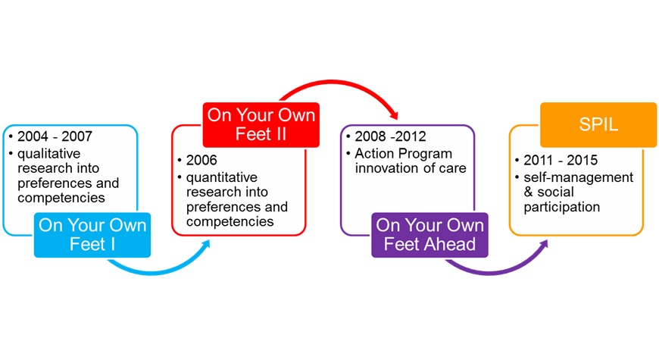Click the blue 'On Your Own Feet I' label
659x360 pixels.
pos(92,235)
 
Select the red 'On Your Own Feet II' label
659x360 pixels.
pos(261,124)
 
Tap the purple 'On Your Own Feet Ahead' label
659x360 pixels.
pos(429,235)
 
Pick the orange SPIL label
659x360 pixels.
pos(598,124)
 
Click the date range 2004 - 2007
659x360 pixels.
pos(55,136)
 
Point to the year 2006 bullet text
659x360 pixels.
pos(201,160)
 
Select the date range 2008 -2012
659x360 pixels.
pos(390,136)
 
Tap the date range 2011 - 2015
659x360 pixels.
pos(561,160)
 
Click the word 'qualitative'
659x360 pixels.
pos(48,154)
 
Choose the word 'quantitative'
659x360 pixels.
pos(221,178)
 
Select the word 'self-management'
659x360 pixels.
pos(578,178)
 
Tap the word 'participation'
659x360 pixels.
pos(561,208)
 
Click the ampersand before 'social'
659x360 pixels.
pos(528,193)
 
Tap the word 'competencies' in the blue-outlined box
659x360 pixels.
pos(61,198)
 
